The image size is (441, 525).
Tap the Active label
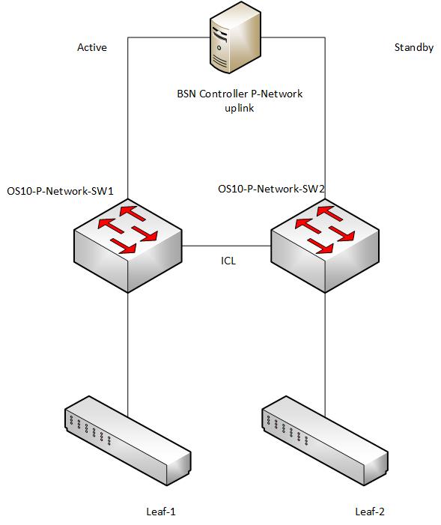pyautogui.click(x=92, y=47)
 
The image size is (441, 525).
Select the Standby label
pyautogui.click(x=413, y=47)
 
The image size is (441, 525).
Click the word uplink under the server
pyautogui.click(x=240, y=108)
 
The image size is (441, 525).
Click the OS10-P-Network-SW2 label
pyautogui.click(x=271, y=189)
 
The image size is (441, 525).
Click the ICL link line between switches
pyautogui.click(x=226, y=246)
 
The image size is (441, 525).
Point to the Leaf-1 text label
pyautogui.click(x=160, y=512)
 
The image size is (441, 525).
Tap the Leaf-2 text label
pyautogui.click(x=370, y=512)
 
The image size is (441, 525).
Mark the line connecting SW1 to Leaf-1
pyautogui.click(x=128, y=352)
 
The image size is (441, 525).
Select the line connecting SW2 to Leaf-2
pyautogui.click(x=325, y=352)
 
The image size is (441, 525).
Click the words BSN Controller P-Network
pyautogui.click(x=240, y=94)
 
